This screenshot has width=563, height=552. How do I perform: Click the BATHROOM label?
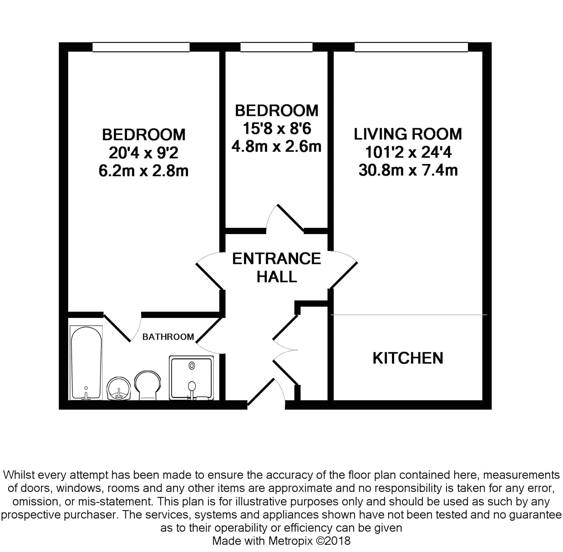[168, 337]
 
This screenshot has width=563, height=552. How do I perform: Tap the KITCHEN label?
[408, 358]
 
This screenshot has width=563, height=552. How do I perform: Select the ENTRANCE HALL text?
[277, 268]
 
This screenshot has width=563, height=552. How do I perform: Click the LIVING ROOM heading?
[408, 134]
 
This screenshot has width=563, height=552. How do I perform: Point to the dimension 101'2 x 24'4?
[408, 152]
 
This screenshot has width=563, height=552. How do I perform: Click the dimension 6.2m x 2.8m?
[144, 171]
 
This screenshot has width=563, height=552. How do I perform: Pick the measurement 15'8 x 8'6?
[277, 128]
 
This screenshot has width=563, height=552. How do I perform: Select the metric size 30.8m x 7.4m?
[408, 170]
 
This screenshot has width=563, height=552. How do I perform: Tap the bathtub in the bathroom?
[86, 363]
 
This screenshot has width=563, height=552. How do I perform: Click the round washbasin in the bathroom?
[119, 389]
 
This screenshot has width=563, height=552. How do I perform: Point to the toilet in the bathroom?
[147, 385]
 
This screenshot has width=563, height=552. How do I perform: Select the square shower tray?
[191, 378]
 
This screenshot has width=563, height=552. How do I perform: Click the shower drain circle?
[192, 366]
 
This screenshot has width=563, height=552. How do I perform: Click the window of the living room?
[411, 47]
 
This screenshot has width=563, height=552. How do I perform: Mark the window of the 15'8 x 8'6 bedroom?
[277, 47]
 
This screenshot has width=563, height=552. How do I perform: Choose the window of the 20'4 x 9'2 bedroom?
[141, 47]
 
